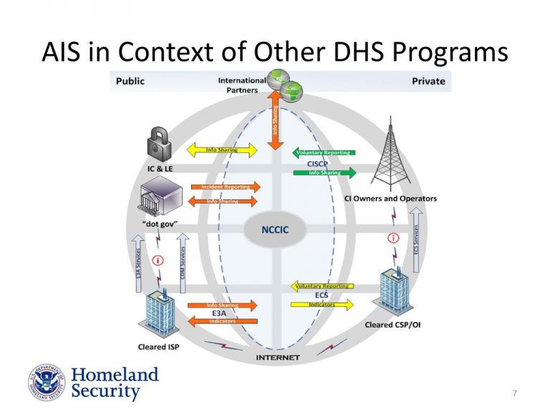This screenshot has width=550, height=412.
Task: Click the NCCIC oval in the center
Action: [x=275, y=230]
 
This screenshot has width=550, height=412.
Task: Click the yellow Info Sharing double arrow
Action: [x=222, y=150]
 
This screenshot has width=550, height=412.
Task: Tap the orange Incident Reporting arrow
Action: [x=225, y=187]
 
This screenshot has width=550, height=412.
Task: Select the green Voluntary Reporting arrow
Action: [x=324, y=152]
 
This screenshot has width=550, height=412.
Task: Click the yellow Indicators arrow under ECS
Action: [x=322, y=305]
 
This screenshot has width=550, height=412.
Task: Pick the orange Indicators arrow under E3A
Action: [x=222, y=321]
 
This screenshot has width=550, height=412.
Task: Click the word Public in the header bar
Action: [x=130, y=81]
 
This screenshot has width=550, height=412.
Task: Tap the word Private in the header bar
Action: [x=428, y=81]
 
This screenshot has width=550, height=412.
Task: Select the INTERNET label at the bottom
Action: [x=278, y=357]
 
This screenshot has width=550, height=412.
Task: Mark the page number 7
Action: [x=515, y=393]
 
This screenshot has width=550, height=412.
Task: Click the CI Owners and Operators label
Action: [x=390, y=199]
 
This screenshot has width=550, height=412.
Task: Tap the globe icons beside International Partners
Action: [x=284, y=84]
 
